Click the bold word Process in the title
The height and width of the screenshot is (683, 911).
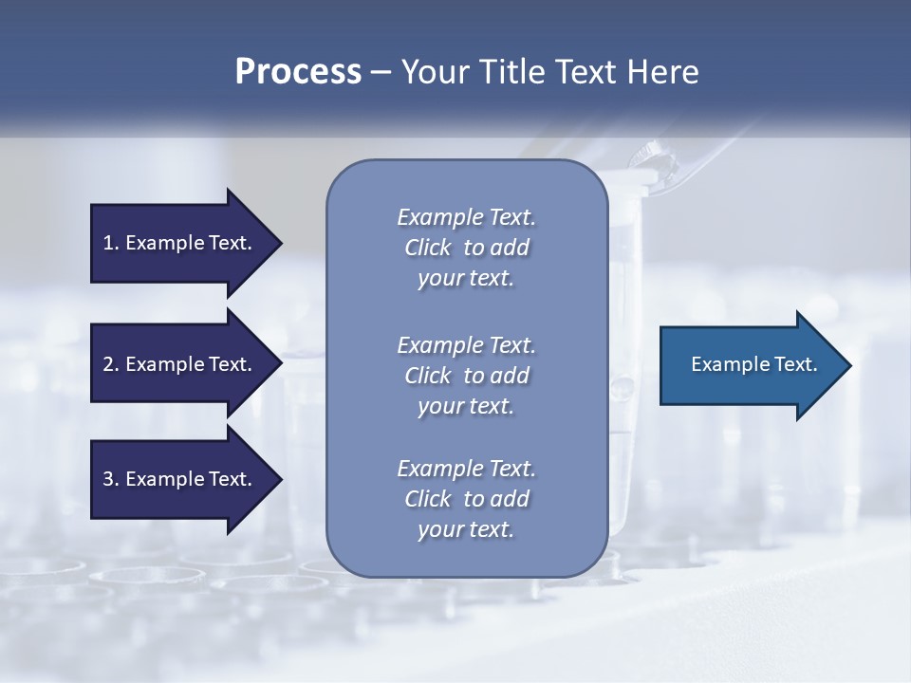tap(298, 72)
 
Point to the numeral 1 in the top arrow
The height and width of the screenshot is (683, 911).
tap(108, 243)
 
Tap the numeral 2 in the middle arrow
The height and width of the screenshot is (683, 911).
tap(108, 364)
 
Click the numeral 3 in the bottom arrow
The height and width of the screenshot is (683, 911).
tap(108, 479)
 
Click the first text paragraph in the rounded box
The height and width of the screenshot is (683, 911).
tap(466, 248)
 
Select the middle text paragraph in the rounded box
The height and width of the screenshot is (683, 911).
tap(466, 376)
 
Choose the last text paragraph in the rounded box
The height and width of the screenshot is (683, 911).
tap(466, 499)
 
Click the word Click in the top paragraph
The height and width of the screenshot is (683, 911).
tap(428, 248)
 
